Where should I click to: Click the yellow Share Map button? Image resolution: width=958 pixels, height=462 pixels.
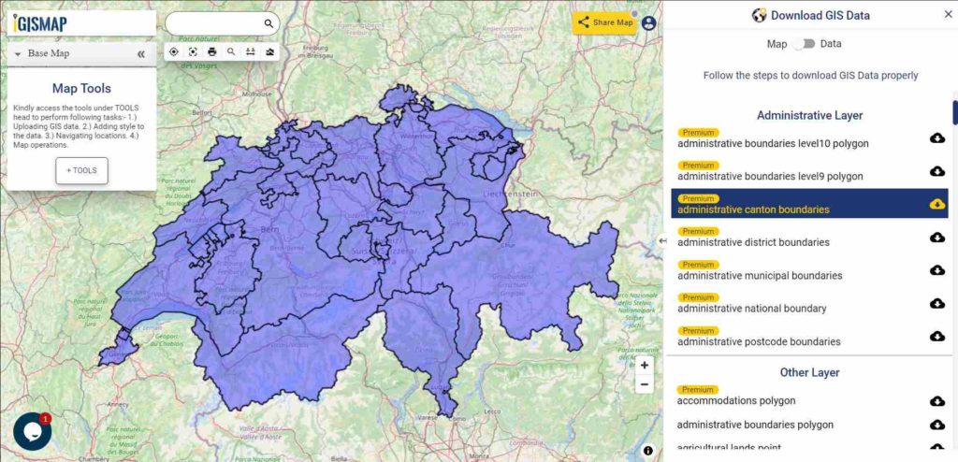tap(604, 22)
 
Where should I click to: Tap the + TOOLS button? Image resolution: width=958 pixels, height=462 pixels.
tap(81, 170)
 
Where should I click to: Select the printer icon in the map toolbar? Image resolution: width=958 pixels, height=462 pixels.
tap(212, 51)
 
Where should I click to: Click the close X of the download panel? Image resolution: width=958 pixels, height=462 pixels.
tap(948, 15)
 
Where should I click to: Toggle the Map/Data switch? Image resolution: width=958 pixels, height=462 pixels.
tap(803, 44)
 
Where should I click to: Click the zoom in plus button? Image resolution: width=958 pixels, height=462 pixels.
tap(644, 365)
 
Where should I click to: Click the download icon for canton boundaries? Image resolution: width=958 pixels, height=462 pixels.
tap(936, 204)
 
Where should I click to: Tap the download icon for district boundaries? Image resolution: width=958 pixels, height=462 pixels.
tap(936, 238)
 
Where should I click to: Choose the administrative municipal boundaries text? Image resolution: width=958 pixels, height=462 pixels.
tap(760, 276)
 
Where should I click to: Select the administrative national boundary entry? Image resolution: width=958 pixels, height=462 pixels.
tap(752, 309)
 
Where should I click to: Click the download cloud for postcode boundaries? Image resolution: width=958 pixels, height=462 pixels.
tap(936, 337)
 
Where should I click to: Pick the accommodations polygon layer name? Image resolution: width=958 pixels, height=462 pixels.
tap(736, 401)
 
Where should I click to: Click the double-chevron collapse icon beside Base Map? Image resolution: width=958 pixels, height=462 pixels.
tap(141, 54)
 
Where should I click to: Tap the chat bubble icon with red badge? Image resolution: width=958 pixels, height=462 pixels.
tap(32, 431)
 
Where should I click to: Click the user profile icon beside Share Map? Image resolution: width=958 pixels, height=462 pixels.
tap(649, 22)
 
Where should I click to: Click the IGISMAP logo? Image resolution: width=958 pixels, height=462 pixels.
tap(40, 23)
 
